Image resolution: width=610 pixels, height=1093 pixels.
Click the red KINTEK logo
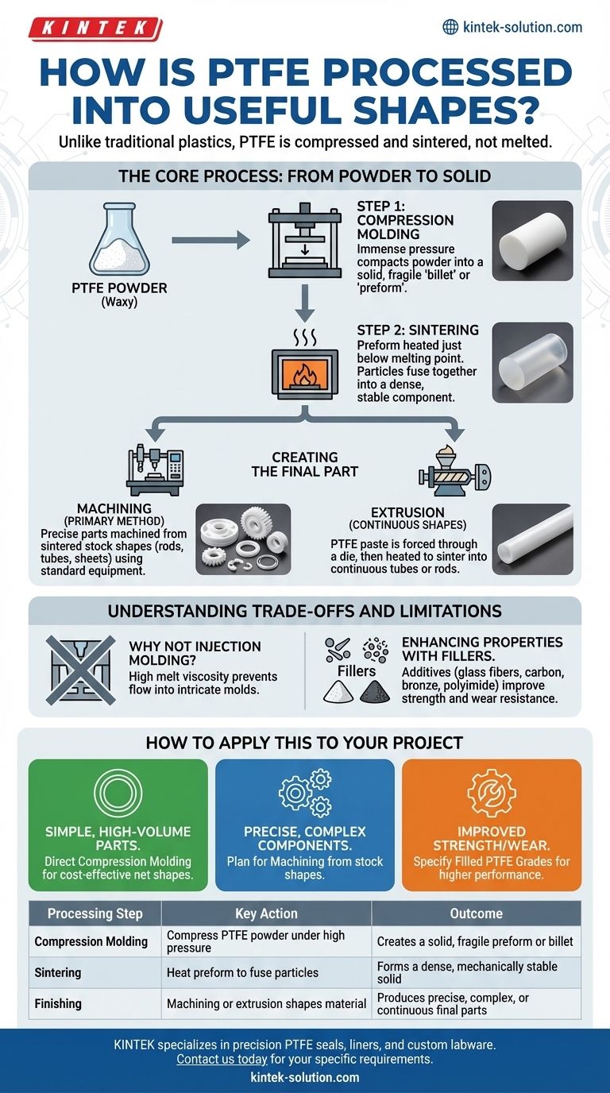pyautogui.click(x=91, y=29)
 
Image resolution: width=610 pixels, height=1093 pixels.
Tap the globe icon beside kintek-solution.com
pyautogui.click(x=450, y=27)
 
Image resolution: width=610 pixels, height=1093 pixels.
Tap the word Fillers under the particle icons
pyautogui.click(x=357, y=671)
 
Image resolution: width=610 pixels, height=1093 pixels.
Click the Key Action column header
pyautogui.click(x=266, y=913)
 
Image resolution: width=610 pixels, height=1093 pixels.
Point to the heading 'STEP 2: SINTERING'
pyautogui.click(x=417, y=330)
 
